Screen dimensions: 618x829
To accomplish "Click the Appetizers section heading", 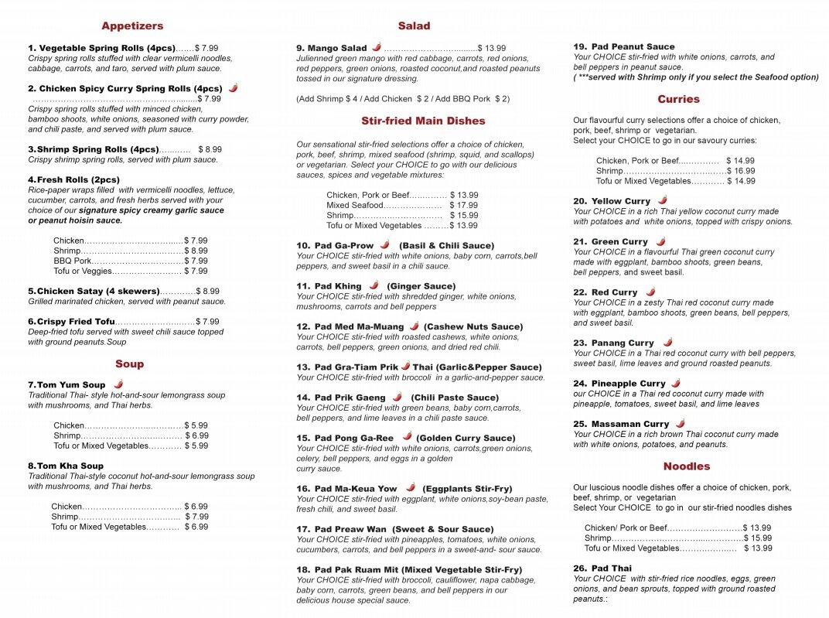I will (x=132, y=26).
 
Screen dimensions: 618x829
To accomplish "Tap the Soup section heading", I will (x=129, y=364).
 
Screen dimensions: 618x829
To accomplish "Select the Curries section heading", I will (x=678, y=99).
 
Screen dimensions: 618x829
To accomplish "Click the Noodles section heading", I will (x=686, y=466).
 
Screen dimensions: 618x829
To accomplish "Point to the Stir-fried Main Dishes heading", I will (x=423, y=121).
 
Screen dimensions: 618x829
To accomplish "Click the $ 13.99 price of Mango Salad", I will (x=491, y=48).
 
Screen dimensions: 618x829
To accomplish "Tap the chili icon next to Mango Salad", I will (x=377, y=47).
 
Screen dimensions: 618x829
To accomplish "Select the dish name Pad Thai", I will (x=612, y=568).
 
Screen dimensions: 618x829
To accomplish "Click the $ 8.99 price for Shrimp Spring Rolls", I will (x=210, y=149).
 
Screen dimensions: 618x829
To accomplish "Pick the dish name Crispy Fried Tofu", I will (x=76, y=322).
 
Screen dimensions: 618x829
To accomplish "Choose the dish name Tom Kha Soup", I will (x=70, y=466).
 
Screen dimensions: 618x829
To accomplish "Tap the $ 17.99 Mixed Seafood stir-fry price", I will (x=463, y=205).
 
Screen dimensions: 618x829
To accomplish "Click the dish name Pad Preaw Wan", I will (x=350, y=530).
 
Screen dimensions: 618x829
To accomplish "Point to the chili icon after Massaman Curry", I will (x=680, y=423).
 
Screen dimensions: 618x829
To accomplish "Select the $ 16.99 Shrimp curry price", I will (x=740, y=171).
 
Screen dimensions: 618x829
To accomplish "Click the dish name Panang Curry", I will (x=623, y=343).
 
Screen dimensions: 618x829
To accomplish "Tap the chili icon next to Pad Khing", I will (x=374, y=285).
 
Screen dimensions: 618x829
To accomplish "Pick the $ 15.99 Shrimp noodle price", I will (x=757, y=538).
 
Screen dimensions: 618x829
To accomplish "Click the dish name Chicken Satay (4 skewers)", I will (x=98, y=292).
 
